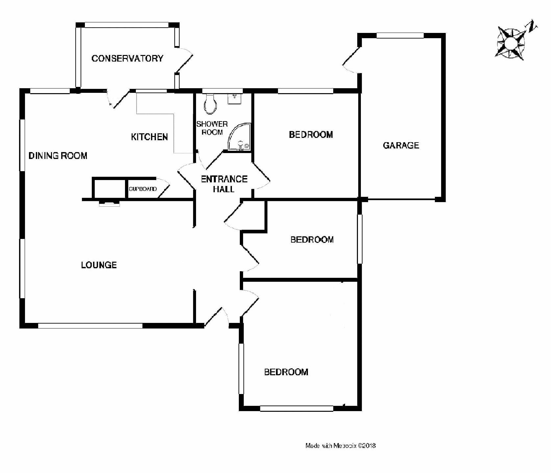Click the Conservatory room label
(127, 58)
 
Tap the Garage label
(401, 145)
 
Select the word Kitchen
(149, 137)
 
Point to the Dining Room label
(58, 155)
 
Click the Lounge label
(99, 265)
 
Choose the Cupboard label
(143, 189)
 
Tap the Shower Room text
(212, 128)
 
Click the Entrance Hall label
(224, 184)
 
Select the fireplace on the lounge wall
(109, 203)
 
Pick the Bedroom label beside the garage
(311, 134)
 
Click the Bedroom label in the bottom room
(286, 372)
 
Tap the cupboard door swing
(163, 188)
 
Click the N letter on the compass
(532, 26)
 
